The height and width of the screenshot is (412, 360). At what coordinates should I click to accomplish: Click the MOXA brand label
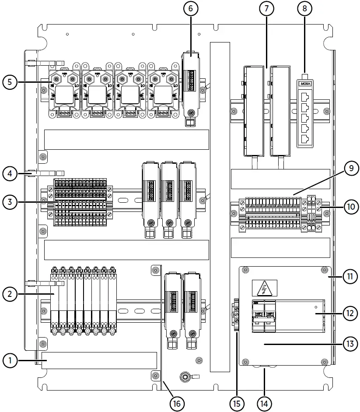(304, 82)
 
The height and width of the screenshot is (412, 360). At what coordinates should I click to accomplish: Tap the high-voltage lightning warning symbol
(264, 289)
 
